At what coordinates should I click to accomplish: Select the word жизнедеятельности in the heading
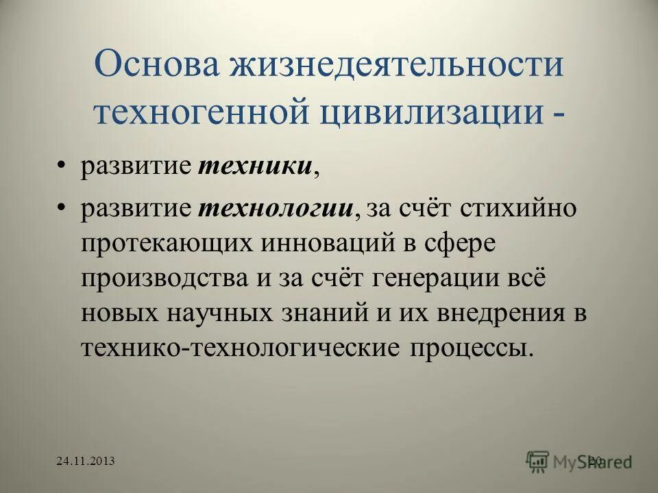(x=398, y=66)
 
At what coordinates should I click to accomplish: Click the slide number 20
(x=594, y=462)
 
